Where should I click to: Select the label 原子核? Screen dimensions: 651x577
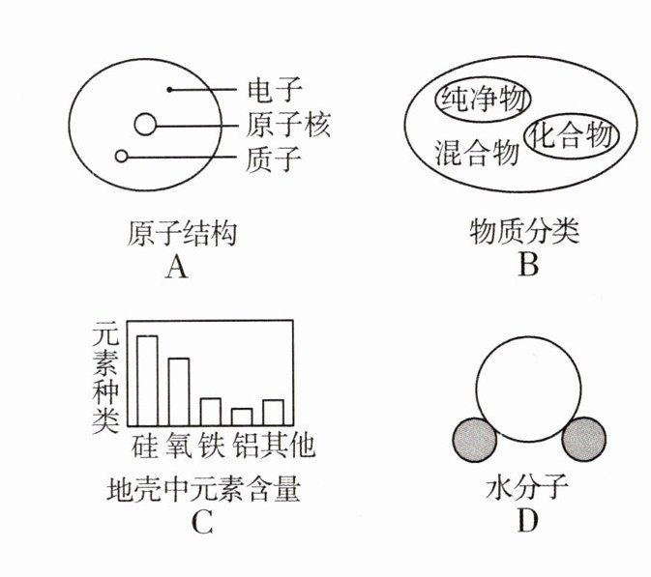288,125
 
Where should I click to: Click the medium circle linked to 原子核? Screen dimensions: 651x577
145,125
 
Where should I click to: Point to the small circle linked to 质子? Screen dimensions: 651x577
121,156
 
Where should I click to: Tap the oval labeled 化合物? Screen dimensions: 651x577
571,135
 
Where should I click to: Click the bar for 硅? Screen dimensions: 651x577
147,381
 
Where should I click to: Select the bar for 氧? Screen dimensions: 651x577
179,391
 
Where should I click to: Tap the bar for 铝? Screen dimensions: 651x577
242,417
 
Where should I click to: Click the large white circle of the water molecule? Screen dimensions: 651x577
528,385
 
